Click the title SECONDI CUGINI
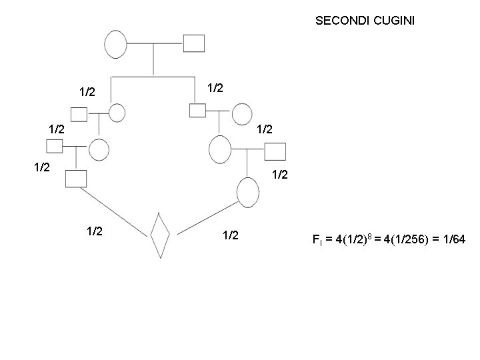pyautogui.click(x=365, y=21)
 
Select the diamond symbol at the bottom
pyautogui.click(x=160, y=235)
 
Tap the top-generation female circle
pyautogui.click(x=115, y=44)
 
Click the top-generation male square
pyautogui.click(x=193, y=43)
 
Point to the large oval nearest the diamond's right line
pyautogui.click(x=248, y=193)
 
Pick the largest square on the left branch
pyautogui.click(x=77, y=178)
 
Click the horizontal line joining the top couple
pyautogui.click(x=154, y=44)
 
